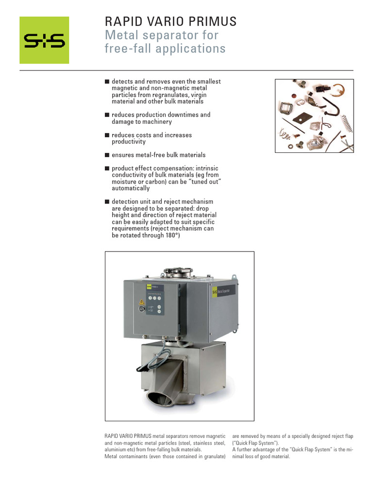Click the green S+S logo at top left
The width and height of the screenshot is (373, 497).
pos(44,40)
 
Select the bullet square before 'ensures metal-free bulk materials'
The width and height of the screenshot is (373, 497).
pos(107,155)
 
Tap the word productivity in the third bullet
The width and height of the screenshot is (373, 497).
pos(129,142)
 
